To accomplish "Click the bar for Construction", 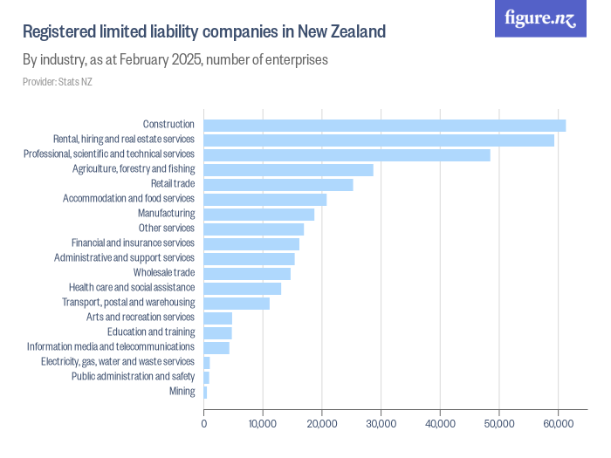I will pyautogui.click(x=384, y=125).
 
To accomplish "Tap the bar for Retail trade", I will pyautogui.click(x=278, y=184).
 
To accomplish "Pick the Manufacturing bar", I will pyautogui.click(x=258, y=214).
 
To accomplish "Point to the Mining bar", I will pyautogui.click(x=205, y=392).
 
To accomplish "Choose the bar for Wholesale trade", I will pyautogui.click(x=247, y=273).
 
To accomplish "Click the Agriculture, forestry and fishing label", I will pyautogui.click(x=134, y=169).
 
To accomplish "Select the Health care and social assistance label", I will pyautogui.click(x=131, y=288).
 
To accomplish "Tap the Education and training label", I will pyautogui.click(x=151, y=332).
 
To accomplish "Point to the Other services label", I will pyautogui.click(x=166, y=229).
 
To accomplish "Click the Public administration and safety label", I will pyautogui.click(x=133, y=377).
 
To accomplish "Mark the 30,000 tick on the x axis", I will pyautogui.click(x=381, y=424).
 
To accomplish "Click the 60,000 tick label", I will pyautogui.click(x=558, y=424).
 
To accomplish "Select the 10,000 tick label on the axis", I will pyautogui.click(x=263, y=424).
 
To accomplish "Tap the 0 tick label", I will pyautogui.click(x=204, y=424).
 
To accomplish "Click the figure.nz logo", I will pyautogui.click(x=540, y=19).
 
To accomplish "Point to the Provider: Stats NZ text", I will pyautogui.click(x=57, y=82).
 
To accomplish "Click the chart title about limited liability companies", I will pyautogui.click(x=203, y=32).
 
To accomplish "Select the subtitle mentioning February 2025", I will pyautogui.click(x=175, y=60).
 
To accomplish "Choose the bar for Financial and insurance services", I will pyautogui.click(x=251, y=243).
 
